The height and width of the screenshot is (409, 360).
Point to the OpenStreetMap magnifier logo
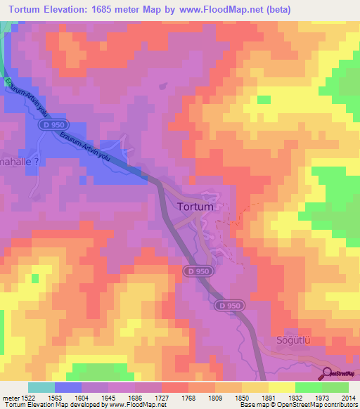coord(328,373)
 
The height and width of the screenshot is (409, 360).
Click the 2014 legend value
coord(348,397)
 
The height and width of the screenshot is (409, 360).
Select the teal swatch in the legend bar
coord(41,387)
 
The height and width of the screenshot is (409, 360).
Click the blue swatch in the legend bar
coord(67,387)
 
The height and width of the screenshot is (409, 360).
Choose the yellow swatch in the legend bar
coord(281,387)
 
